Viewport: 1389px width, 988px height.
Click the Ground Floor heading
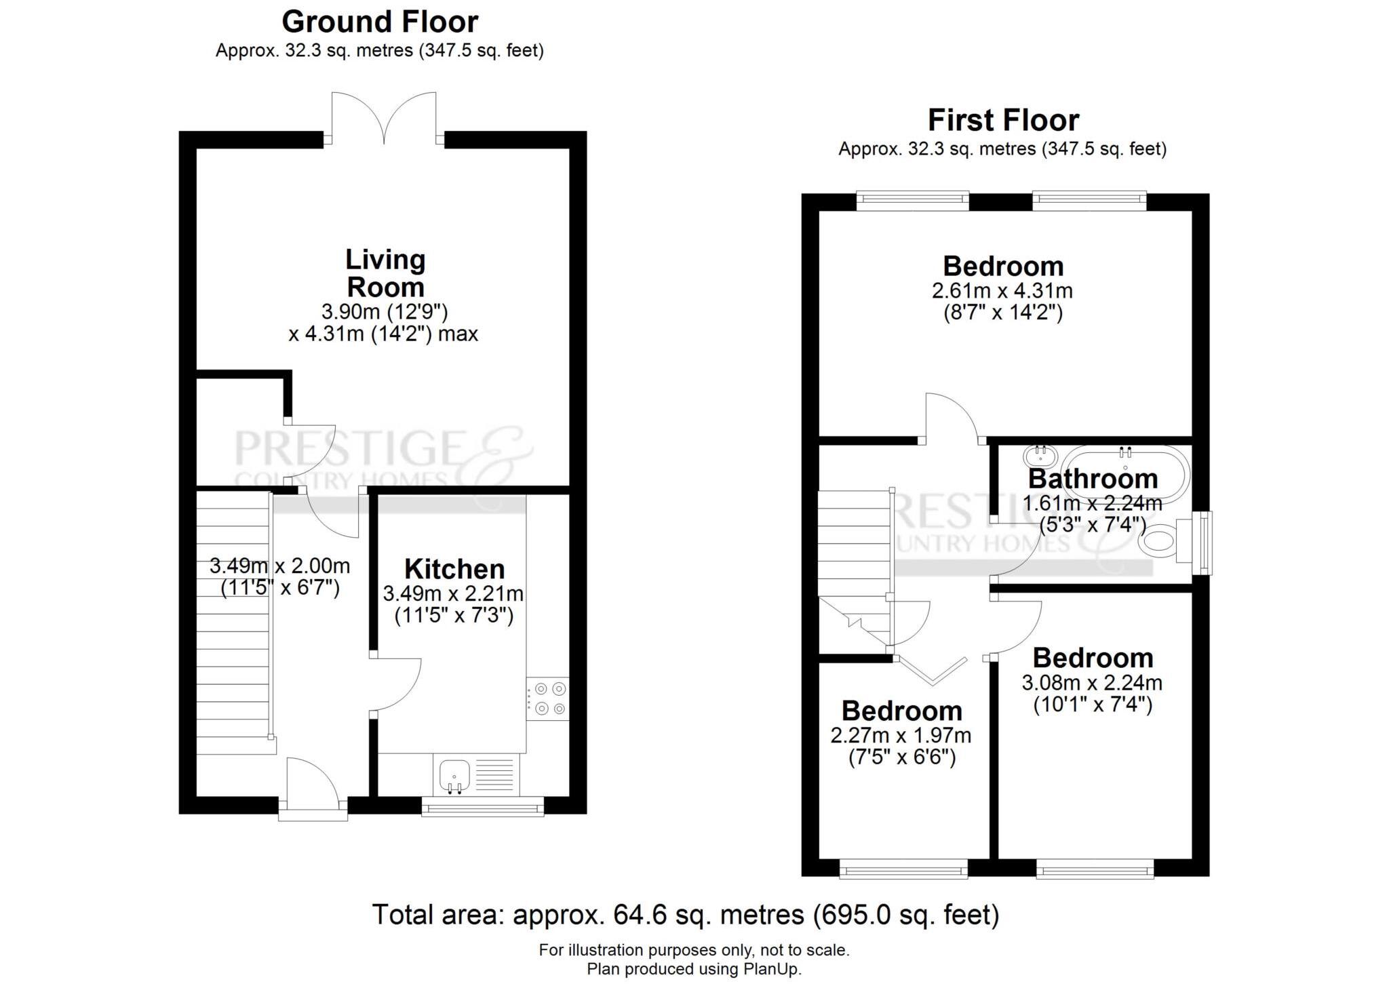(x=380, y=22)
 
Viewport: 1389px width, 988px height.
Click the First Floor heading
(x=1003, y=120)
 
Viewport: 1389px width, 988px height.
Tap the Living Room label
(x=385, y=273)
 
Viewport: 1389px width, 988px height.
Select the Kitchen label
(x=454, y=568)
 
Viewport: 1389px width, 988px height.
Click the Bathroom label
(x=1093, y=478)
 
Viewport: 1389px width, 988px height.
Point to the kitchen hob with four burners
(x=548, y=698)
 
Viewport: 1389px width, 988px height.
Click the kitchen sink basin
(x=454, y=774)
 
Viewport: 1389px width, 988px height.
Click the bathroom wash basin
(x=1040, y=456)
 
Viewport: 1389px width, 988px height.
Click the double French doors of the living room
(x=385, y=119)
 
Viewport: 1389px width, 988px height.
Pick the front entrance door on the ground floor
(x=313, y=789)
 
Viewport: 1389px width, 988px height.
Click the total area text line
(x=686, y=915)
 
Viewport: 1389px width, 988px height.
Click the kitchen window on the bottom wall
(x=483, y=806)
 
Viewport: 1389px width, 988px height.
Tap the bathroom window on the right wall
(x=1204, y=543)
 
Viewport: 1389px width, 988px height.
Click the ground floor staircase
(x=235, y=623)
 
